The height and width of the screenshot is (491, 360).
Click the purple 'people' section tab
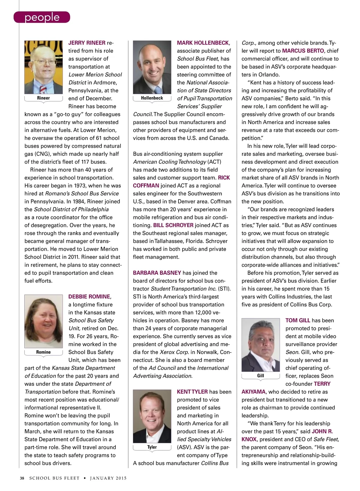pos(42,17)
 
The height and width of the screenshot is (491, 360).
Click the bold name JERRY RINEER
pos(87,43)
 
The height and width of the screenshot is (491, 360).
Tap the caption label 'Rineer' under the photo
pos(43,98)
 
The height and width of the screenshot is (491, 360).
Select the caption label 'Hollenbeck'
pos(152,98)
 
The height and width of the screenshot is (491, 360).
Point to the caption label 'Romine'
pos(43,352)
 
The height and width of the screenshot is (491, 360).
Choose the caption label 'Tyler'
pos(152,447)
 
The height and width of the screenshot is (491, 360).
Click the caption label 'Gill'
pos(261,376)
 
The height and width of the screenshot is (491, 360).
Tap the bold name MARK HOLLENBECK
pos(203,43)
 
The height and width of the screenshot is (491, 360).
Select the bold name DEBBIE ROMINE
pos(89,297)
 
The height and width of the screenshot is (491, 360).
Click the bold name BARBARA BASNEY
pos(157,273)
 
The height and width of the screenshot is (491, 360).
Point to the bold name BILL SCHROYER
pos(173,225)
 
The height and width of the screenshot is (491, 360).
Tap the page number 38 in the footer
pos(22,478)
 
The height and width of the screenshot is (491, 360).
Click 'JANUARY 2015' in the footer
pos(108,478)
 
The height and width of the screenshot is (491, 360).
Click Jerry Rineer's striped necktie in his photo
pos(43,89)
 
